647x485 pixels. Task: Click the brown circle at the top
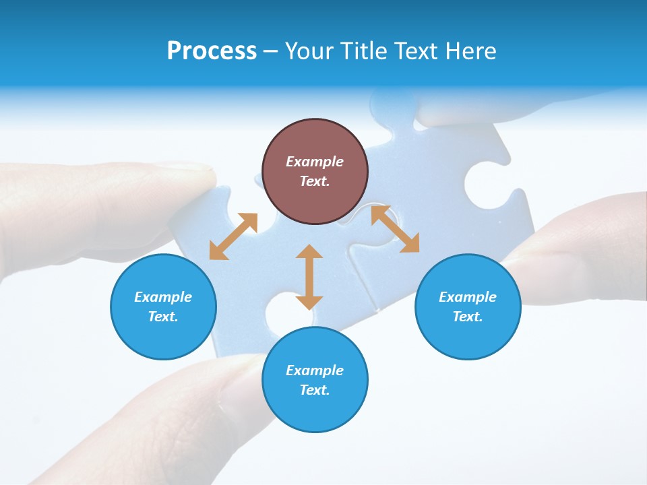pyautogui.click(x=315, y=172)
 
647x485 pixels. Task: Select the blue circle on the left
pyautogui.click(x=163, y=306)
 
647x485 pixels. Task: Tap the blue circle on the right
pyautogui.click(x=468, y=306)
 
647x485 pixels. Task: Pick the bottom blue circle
pyautogui.click(x=315, y=380)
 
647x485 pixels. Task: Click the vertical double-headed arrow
pyautogui.click(x=309, y=277)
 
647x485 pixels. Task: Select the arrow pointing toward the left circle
pyautogui.click(x=233, y=236)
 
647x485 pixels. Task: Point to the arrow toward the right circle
pyautogui.click(x=395, y=229)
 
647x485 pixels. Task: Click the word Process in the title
pyautogui.click(x=212, y=51)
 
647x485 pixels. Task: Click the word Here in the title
pyautogui.click(x=472, y=51)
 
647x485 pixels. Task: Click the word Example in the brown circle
pyautogui.click(x=315, y=162)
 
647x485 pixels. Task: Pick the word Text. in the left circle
pyautogui.click(x=163, y=317)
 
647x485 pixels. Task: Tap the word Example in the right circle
pyautogui.click(x=468, y=297)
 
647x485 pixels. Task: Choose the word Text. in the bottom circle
pyautogui.click(x=315, y=390)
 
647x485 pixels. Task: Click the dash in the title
pyautogui.click(x=271, y=51)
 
